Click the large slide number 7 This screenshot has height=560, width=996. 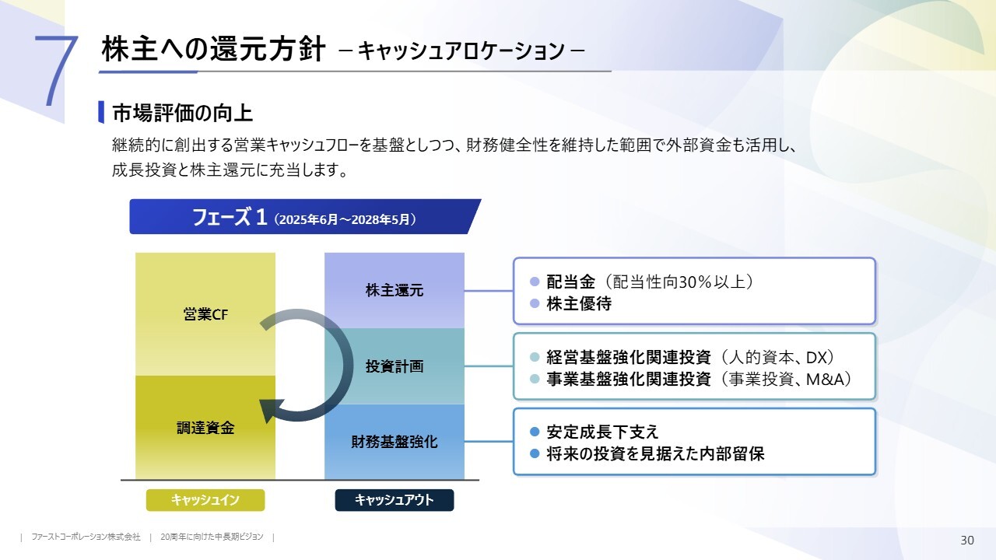click(56, 70)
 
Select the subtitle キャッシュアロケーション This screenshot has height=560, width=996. click(462, 51)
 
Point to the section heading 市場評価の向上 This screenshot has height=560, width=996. click(182, 114)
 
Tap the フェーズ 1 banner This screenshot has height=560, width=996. click(303, 217)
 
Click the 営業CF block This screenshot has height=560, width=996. click(205, 314)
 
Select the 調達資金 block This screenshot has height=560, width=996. click(205, 428)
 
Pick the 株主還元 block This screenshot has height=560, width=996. click(395, 291)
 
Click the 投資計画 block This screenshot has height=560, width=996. click(395, 366)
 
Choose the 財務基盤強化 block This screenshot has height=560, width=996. click(395, 442)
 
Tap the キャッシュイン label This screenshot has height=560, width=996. click(205, 500)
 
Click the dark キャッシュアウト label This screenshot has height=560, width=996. click(395, 500)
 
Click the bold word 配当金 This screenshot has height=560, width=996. click(570, 282)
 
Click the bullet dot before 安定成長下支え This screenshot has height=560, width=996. click(534, 432)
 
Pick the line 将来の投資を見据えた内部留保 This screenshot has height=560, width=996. click(655, 453)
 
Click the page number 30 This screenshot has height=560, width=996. click(967, 541)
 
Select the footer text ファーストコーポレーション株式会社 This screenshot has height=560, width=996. click(86, 537)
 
